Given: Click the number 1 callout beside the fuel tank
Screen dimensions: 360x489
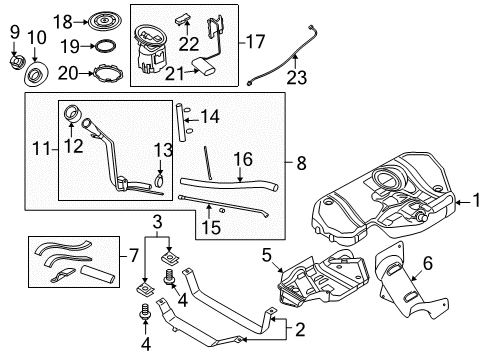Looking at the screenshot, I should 477,203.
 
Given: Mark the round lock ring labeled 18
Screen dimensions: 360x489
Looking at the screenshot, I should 101,20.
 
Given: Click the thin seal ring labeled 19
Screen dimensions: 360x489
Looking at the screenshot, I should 100,46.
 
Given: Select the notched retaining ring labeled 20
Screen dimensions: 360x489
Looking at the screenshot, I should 99,72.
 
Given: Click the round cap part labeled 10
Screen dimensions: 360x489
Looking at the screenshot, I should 38,76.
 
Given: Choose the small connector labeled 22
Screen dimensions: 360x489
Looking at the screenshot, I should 184,18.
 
